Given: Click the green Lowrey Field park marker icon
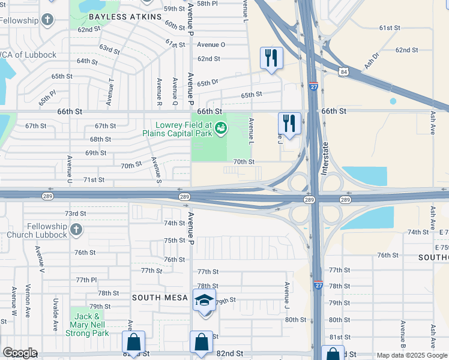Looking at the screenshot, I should [x=221, y=127].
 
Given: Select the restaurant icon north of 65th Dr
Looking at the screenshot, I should [x=271, y=58].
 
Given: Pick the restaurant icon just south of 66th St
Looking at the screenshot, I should [x=289, y=124].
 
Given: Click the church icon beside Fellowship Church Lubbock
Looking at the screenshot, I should [x=76, y=229].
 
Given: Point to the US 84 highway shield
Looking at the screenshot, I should [x=343, y=72].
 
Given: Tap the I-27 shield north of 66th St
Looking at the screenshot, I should [x=313, y=87].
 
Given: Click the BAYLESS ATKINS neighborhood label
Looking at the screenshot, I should [x=129, y=17].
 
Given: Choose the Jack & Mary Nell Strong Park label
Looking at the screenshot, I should [x=87, y=325].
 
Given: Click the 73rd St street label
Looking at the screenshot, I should [x=76, y=214].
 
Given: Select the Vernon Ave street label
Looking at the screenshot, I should [x=27, y=300].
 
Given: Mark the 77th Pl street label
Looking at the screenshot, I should [x=86, y=280].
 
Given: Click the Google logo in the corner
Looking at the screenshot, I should [x=20, y=353].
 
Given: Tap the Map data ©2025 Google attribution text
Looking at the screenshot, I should [x=411, y=355].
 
